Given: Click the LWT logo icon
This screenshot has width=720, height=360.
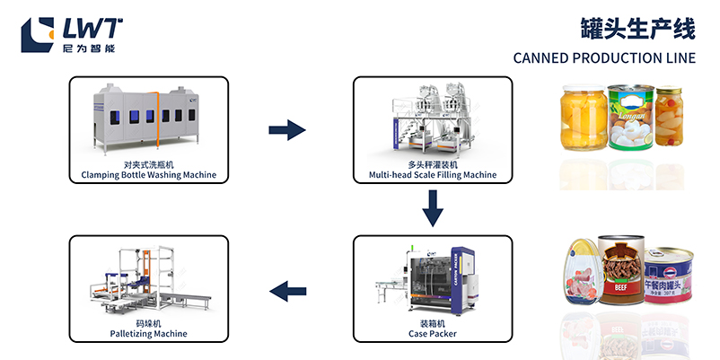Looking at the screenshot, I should coord(38,33).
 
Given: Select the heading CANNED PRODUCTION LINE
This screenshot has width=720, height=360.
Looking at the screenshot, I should coord(604,58).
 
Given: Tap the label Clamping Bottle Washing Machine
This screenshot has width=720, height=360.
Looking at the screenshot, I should coord(149,174).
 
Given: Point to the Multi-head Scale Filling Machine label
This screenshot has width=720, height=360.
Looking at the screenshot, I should coord(433,174).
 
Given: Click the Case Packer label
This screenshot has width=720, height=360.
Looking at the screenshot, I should coord(432,333).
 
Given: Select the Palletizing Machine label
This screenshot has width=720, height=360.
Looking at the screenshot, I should coord(148,333).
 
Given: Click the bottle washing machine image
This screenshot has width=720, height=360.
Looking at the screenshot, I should coord(149,121).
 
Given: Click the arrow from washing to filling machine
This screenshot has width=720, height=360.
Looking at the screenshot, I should coord(287,131).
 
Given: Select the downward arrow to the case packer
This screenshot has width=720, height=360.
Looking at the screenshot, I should coord(433,211).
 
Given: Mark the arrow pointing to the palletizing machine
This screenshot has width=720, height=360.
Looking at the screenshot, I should coord(289,290).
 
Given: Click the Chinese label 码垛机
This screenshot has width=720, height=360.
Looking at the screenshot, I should coord(148,322).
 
